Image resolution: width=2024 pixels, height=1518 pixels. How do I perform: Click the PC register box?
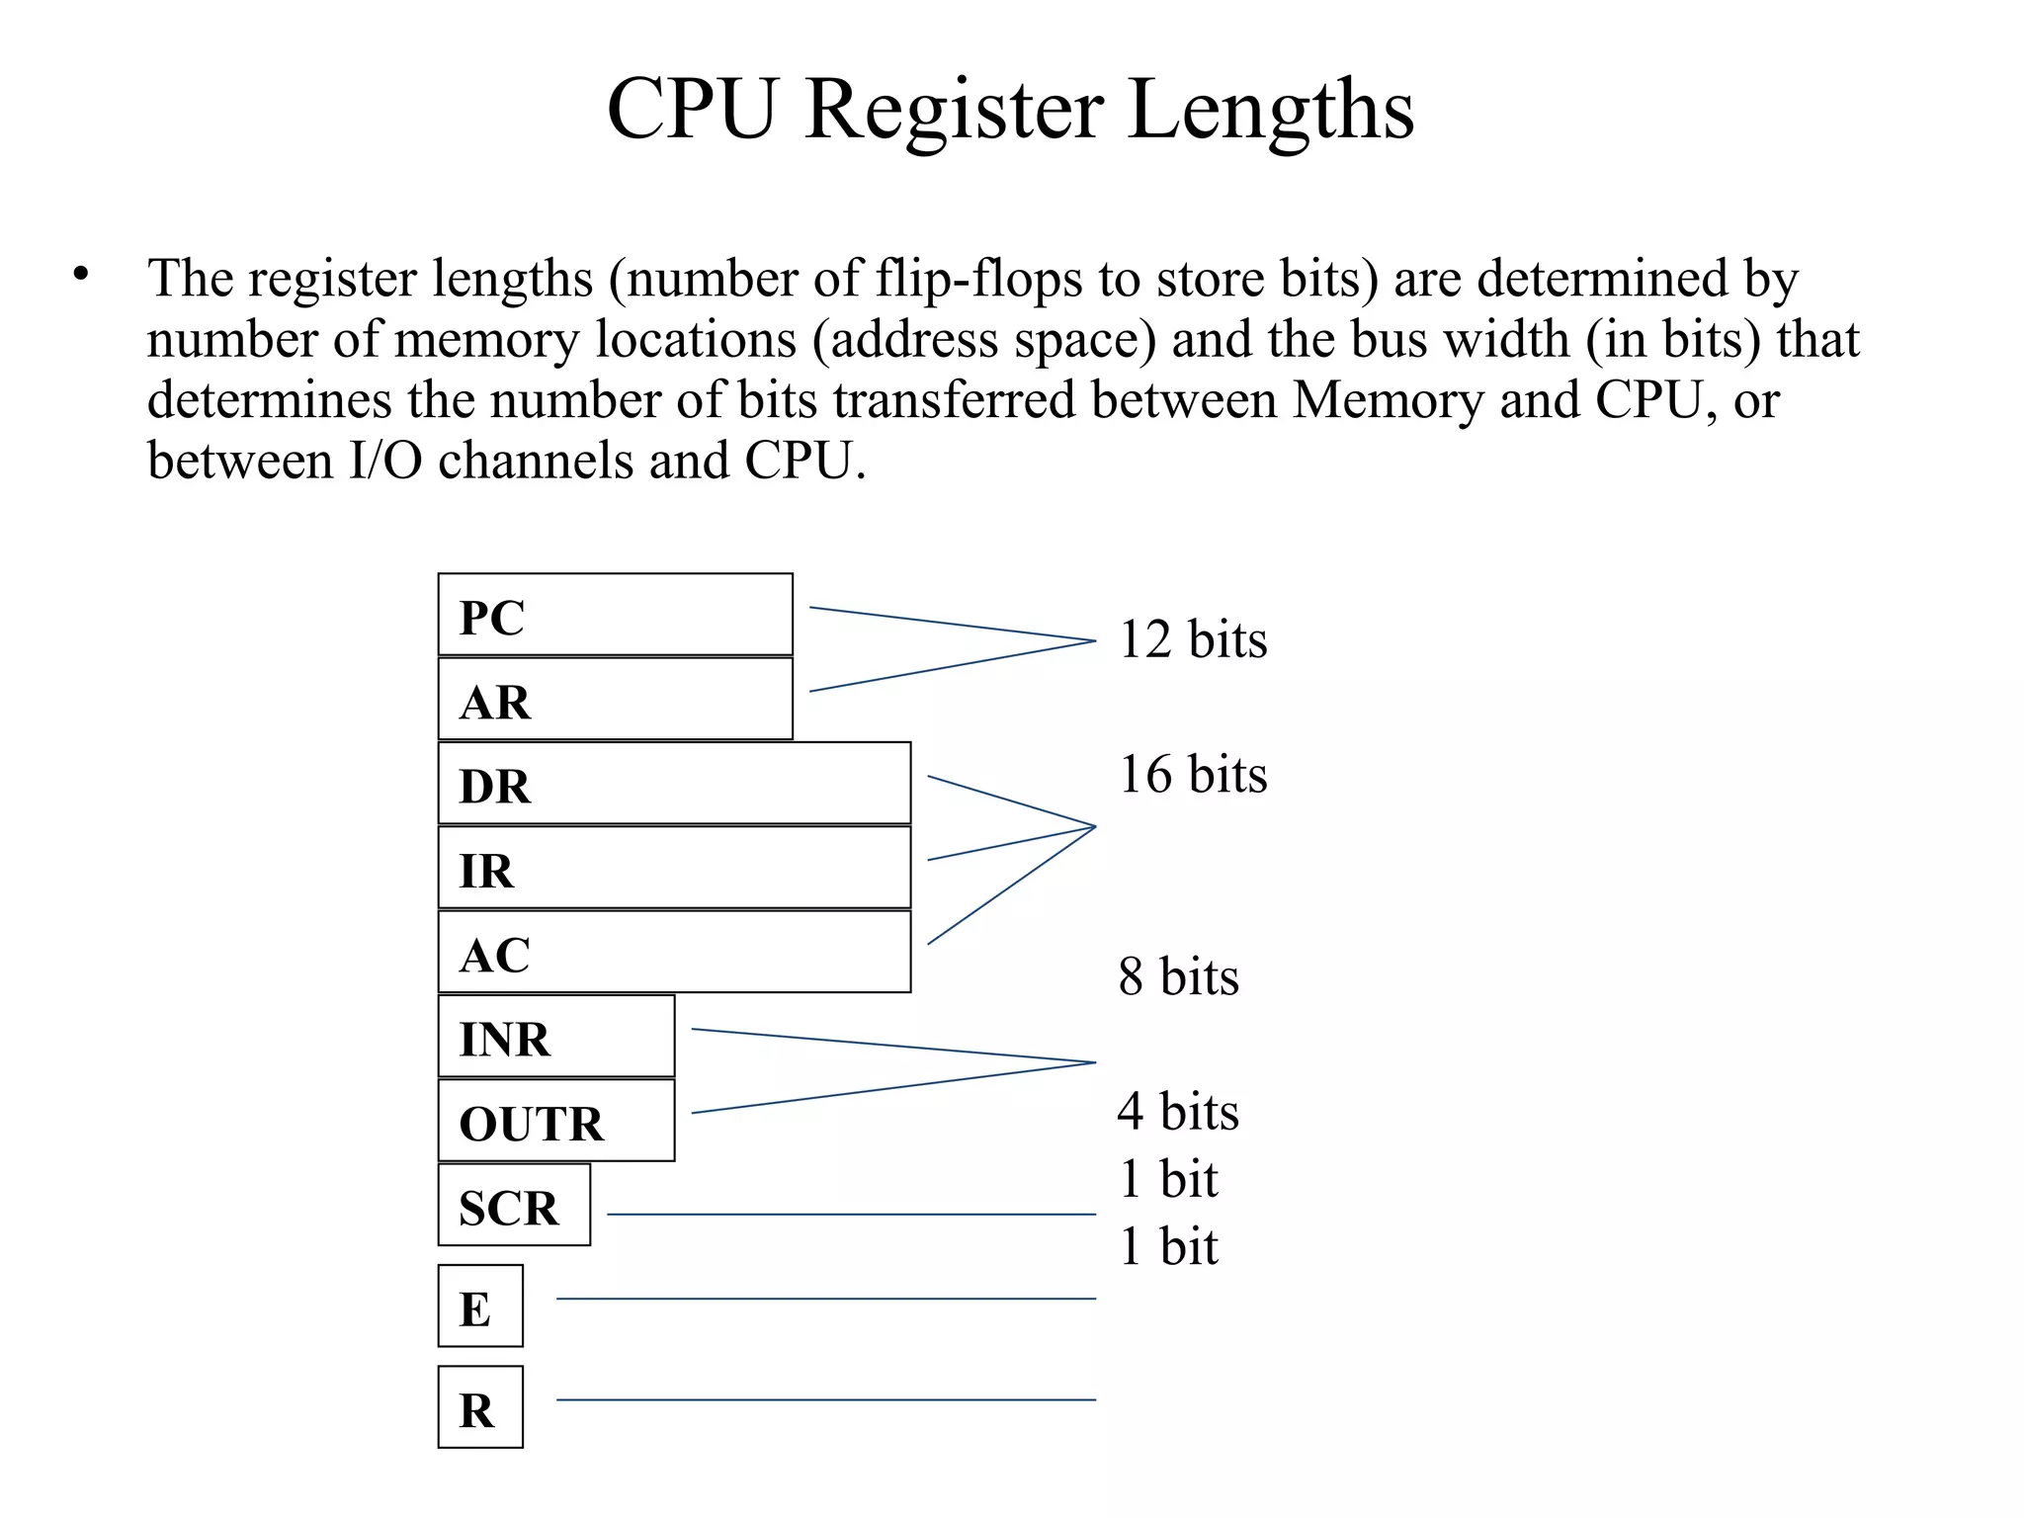pyautogui.click(x=615, y=615)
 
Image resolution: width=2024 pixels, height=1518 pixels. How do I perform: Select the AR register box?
pyautogui.click(x=615, y=699)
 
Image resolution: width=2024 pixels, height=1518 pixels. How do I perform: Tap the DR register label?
pyautogui.click(x=495, y=787)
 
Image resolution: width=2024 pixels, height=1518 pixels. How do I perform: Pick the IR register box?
pyautogui.click(x=674, y=868)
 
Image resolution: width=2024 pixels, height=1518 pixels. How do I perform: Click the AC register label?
pyautogui.click(x=495, y=956)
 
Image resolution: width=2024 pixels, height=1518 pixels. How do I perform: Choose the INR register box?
pyautogui.click(x=556, y=1037)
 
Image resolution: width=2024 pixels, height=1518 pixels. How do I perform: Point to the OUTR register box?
pyautogui.click(x=556, y=1121)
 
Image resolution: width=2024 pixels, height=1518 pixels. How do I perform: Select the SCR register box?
pyautogui.click(x=514, y=1205)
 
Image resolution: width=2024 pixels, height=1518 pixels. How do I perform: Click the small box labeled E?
pyautogui.click(x=480, y=1306)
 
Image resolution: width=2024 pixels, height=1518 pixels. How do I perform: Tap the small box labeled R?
pyautogui.click(x=480, y=1407)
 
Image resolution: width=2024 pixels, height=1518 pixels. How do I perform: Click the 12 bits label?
pyautogui.click(x=1192, y=639)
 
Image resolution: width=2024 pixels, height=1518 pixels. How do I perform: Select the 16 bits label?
pyautogui.click(x=1192, y=774)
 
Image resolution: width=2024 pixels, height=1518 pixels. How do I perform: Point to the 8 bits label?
pyautogui.click(x=1178, y=976)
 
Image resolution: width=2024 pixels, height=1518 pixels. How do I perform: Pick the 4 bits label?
pyautogui.click(x=1178, y=1111)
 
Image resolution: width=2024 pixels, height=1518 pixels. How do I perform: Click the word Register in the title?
pyautogui.click(x=954, y=111)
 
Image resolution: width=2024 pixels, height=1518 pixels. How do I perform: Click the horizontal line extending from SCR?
pyautogui.click(x=850, y=1214)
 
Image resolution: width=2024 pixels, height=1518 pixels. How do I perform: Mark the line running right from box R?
pyautogui.click(x=825, y=1399)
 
